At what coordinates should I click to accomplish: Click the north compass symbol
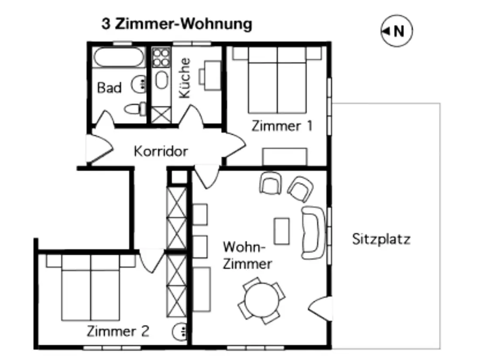pyautogui.click(x=396, y=31)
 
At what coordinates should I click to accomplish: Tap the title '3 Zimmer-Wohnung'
pyautogui.click(x=177, y=24)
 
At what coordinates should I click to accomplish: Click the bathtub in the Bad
pyautogui.click(x=119, y=57)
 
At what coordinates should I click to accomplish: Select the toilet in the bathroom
pyautogui.click(x=135, y=109)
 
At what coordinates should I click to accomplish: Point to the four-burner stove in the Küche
pyautogui.click(x=161, y=57)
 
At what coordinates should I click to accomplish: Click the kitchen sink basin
pyautogui.click(x=161, y=80)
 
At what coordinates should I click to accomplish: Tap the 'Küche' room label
pyautogui.click(x=185, y=78)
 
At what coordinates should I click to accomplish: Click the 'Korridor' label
pyautogui.click(x=161, y=151)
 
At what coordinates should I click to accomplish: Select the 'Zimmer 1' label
pyautogui.click(x=282, y=126)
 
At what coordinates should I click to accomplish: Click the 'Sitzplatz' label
pyautogui.click(x=381, y=239)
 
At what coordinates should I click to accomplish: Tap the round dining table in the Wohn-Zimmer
pyautogui.click(x=262, y=300)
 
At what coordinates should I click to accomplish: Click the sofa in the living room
pyautogui.click(x=313, y=233)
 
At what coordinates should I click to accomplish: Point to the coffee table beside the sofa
pyautogui.click(x=281, y=231)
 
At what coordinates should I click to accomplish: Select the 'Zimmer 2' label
pyautogui.click(x=118, y=331)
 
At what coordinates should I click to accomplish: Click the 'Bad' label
pyautogui.click(x=109, y=88)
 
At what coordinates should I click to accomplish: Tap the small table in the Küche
pyautogui.click(x=213, y=75)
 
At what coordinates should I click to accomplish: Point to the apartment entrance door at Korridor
pyautogui.click(x=99, y=149)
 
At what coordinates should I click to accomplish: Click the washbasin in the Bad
pyautogui.click(x=139, y=84)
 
